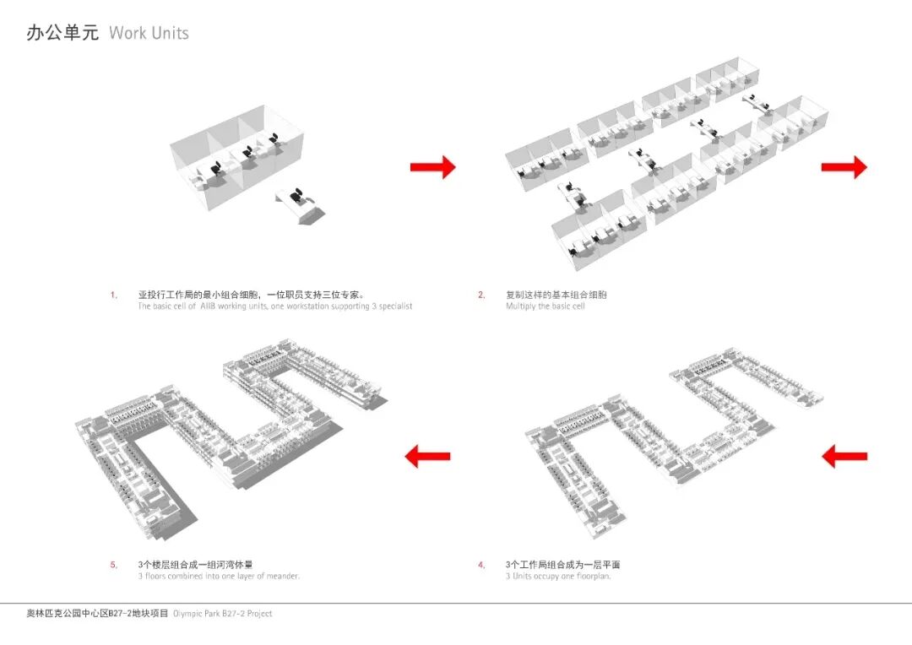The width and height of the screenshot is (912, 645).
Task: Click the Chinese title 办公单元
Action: (x=62, y=33)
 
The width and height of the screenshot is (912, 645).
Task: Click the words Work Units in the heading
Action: (x=149, y=33)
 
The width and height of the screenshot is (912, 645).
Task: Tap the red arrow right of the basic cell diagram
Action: (x=432, y=167)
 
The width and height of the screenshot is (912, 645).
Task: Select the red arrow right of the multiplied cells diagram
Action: (x=844, y=167)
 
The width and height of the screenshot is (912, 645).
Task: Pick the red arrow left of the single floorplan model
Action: (x=844, y=457)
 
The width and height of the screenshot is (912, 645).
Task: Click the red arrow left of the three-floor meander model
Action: (x=427, y=457)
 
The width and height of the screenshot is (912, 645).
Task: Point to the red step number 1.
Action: (x=113, y=295)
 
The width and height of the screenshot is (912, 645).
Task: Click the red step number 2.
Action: (x=481, y=295)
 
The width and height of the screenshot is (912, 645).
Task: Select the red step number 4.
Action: (x=481, y=565)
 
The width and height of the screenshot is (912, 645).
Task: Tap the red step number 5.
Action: (x=113, y=565)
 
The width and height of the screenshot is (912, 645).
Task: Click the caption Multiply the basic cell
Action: (x=545, y=306)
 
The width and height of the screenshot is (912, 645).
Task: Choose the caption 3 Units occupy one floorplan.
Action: (x=557, y=576)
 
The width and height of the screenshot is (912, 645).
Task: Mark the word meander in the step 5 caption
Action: (x=280, y=576)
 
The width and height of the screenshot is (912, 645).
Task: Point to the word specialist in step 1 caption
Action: (x=393, y=306)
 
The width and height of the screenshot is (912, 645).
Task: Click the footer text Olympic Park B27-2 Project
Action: (x=223, y=614)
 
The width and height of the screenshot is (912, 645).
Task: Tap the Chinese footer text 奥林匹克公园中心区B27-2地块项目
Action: (x=97, y=614)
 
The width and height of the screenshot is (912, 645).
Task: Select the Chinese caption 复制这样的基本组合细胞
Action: (x=556, y=295)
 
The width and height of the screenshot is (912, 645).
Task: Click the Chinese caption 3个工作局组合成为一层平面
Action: (x=562, y=565)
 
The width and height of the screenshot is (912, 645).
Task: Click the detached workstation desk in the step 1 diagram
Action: (x=299, y=205)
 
